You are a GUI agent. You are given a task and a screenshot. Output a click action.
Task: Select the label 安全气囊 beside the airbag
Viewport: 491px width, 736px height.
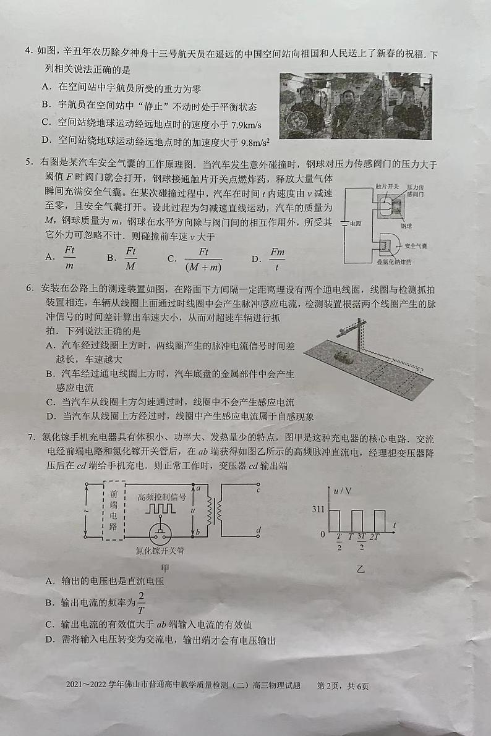point(415,246)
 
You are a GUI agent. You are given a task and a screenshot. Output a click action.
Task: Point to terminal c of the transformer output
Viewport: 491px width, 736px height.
point(257,489)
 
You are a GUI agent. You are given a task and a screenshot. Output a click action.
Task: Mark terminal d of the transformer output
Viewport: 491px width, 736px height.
point(257,530)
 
